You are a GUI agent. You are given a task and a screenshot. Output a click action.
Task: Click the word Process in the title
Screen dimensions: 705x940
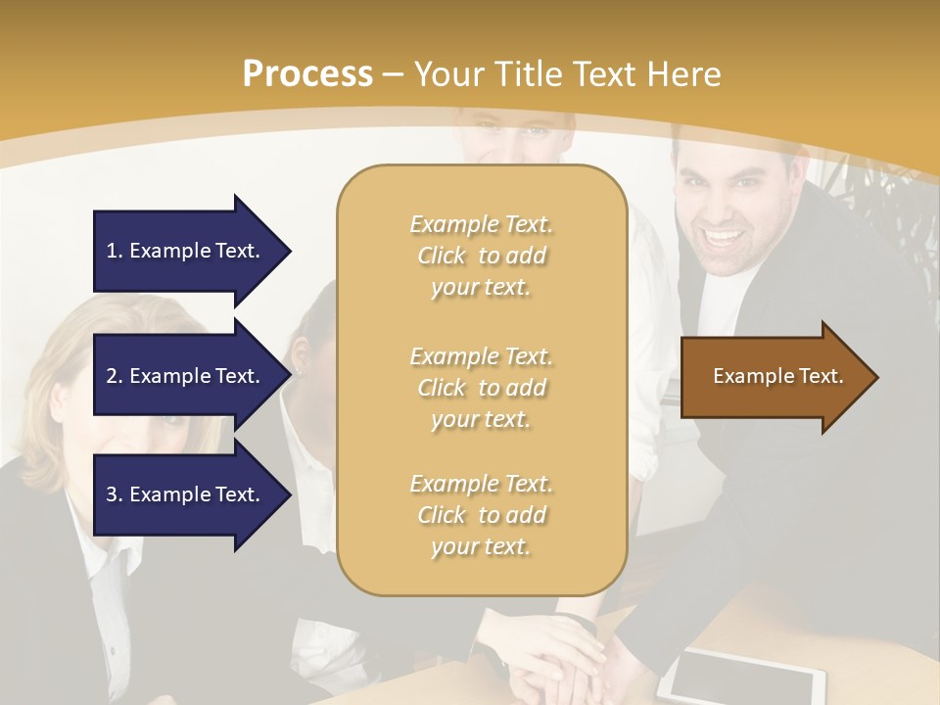click(x=307, y=74)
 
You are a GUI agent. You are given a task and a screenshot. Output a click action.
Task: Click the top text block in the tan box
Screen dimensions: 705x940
click(x=481, y=256)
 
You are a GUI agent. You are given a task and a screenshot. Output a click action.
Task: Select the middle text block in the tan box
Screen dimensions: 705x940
click(x=481, y=388)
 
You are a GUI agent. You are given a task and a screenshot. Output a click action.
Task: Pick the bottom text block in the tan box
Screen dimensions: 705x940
click(x=481, y=515)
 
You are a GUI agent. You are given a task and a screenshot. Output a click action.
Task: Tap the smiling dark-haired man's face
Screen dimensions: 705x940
click(x=721, y=211)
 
